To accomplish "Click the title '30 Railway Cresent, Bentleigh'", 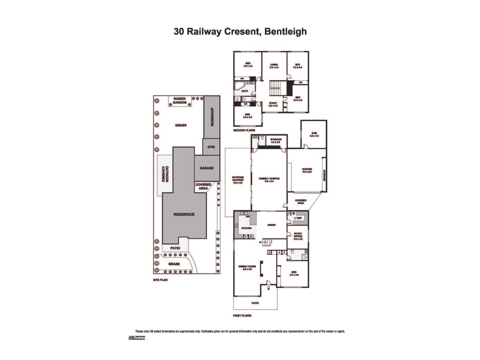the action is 240,32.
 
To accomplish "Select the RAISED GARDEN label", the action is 180,101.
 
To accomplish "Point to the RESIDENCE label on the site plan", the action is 184,214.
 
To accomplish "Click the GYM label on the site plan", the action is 211,147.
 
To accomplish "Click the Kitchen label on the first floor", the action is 246,228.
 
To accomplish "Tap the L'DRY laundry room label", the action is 298,218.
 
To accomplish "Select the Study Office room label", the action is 298,236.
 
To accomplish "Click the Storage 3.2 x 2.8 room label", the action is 276,141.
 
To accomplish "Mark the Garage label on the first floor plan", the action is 307,170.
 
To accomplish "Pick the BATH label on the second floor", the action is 244,91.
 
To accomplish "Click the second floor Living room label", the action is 274,66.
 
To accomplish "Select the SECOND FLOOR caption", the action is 244,130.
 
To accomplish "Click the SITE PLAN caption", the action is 159,280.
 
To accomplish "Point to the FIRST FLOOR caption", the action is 242,316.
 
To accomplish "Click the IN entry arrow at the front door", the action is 269,288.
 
